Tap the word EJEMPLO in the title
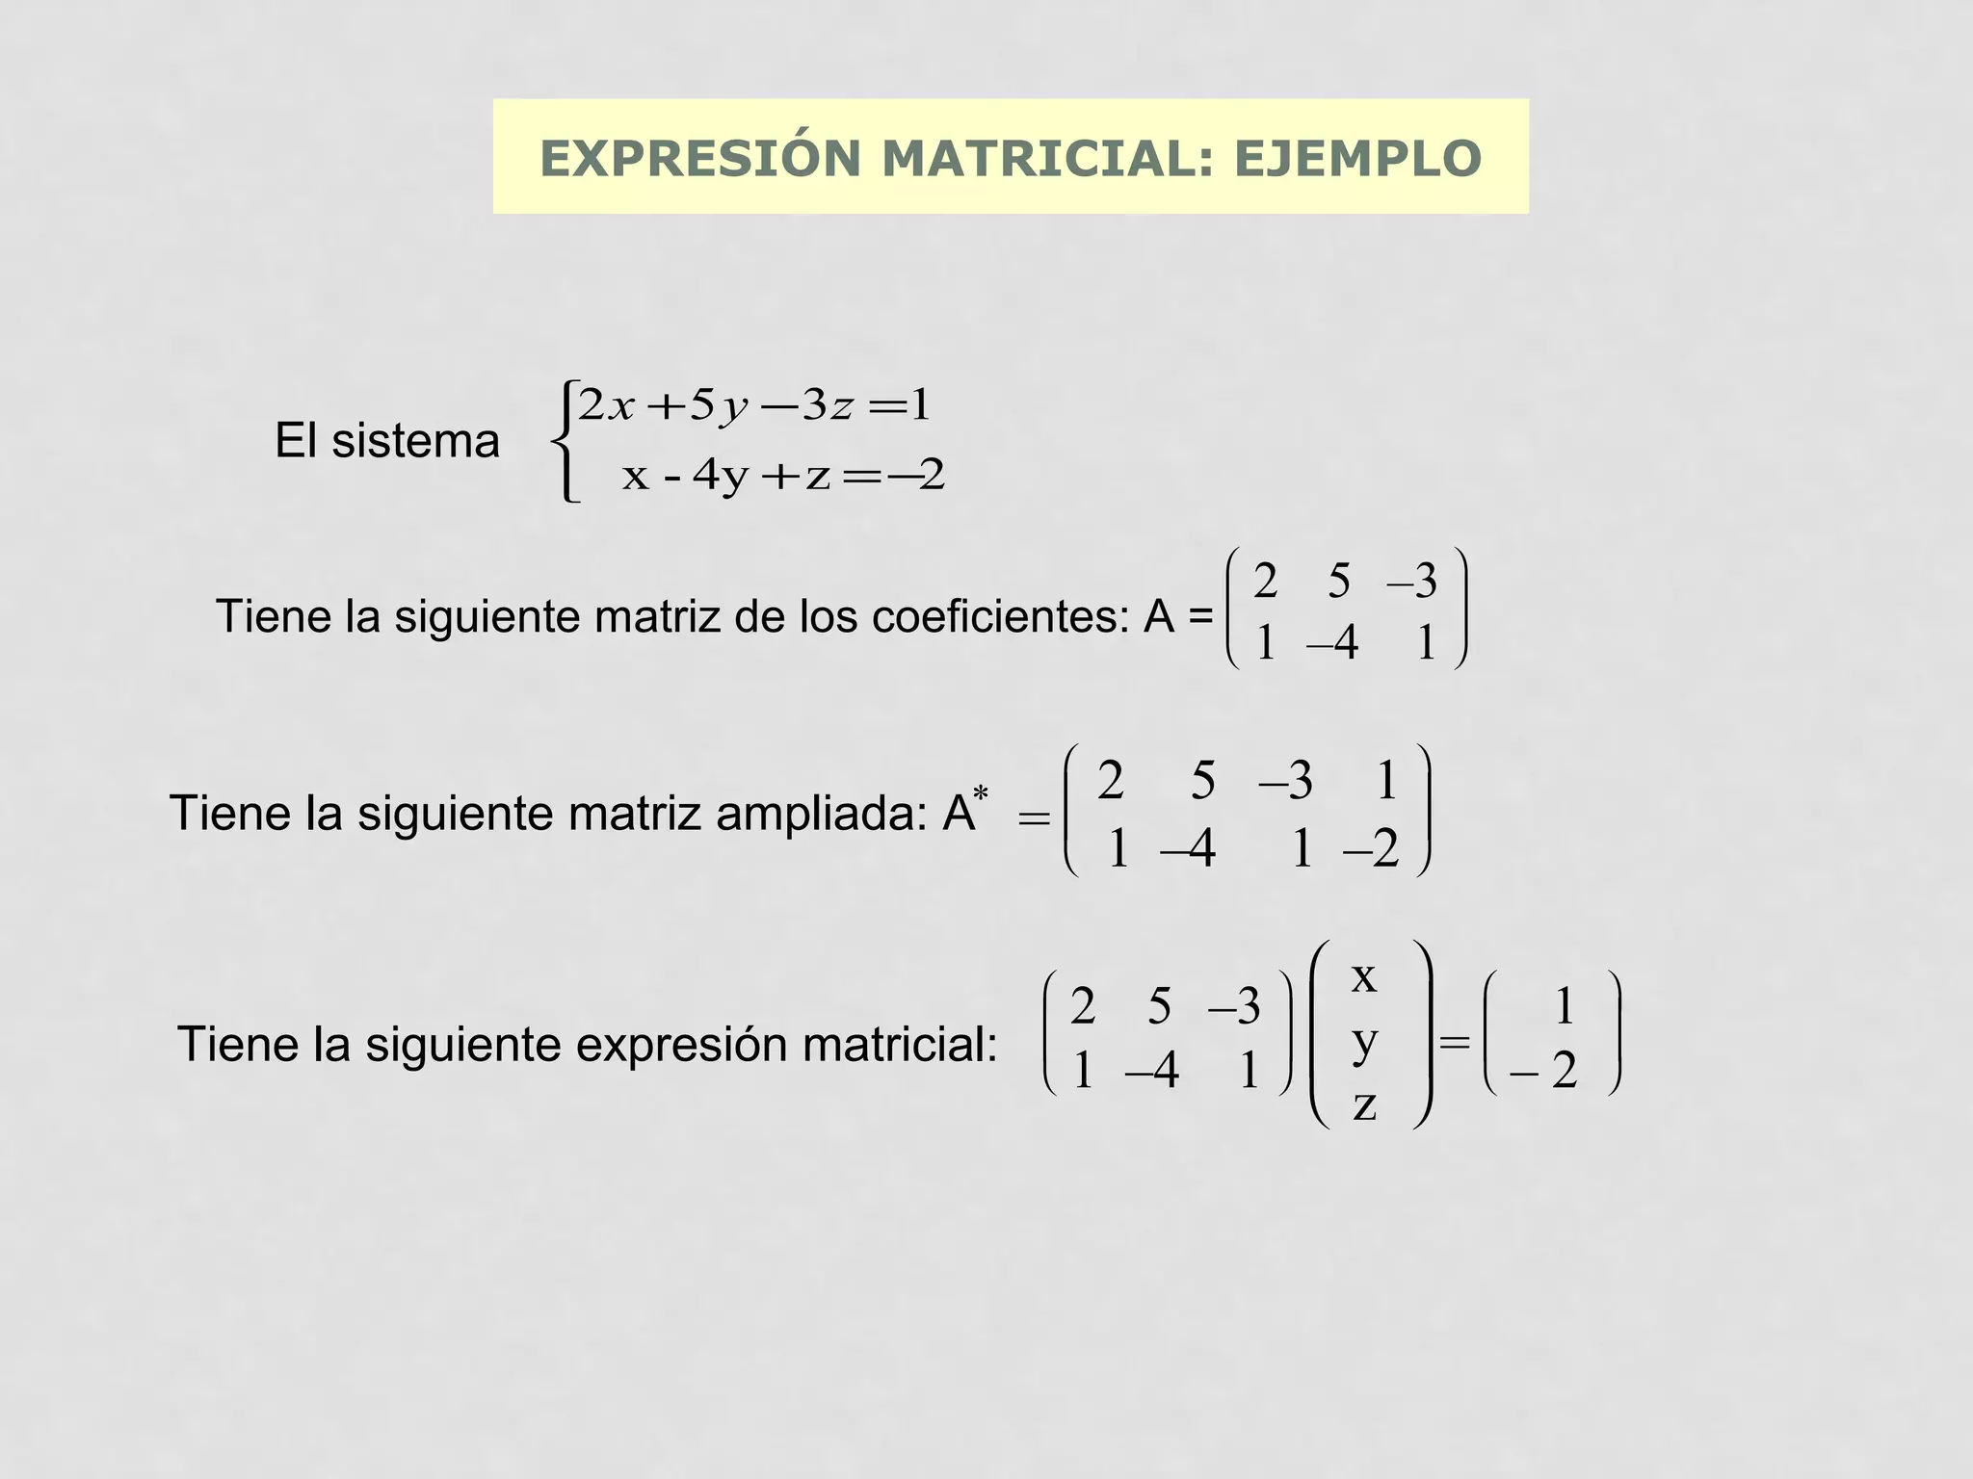(1357, 159)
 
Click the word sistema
(415, 442)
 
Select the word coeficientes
(1000, 617)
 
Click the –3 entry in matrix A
(1412, 582)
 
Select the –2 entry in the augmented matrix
(1372, 849)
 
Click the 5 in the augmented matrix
(1203, 780)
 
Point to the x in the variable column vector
(1364, 977)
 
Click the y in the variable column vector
(1364, 1042)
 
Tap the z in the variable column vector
(1364, 1105)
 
